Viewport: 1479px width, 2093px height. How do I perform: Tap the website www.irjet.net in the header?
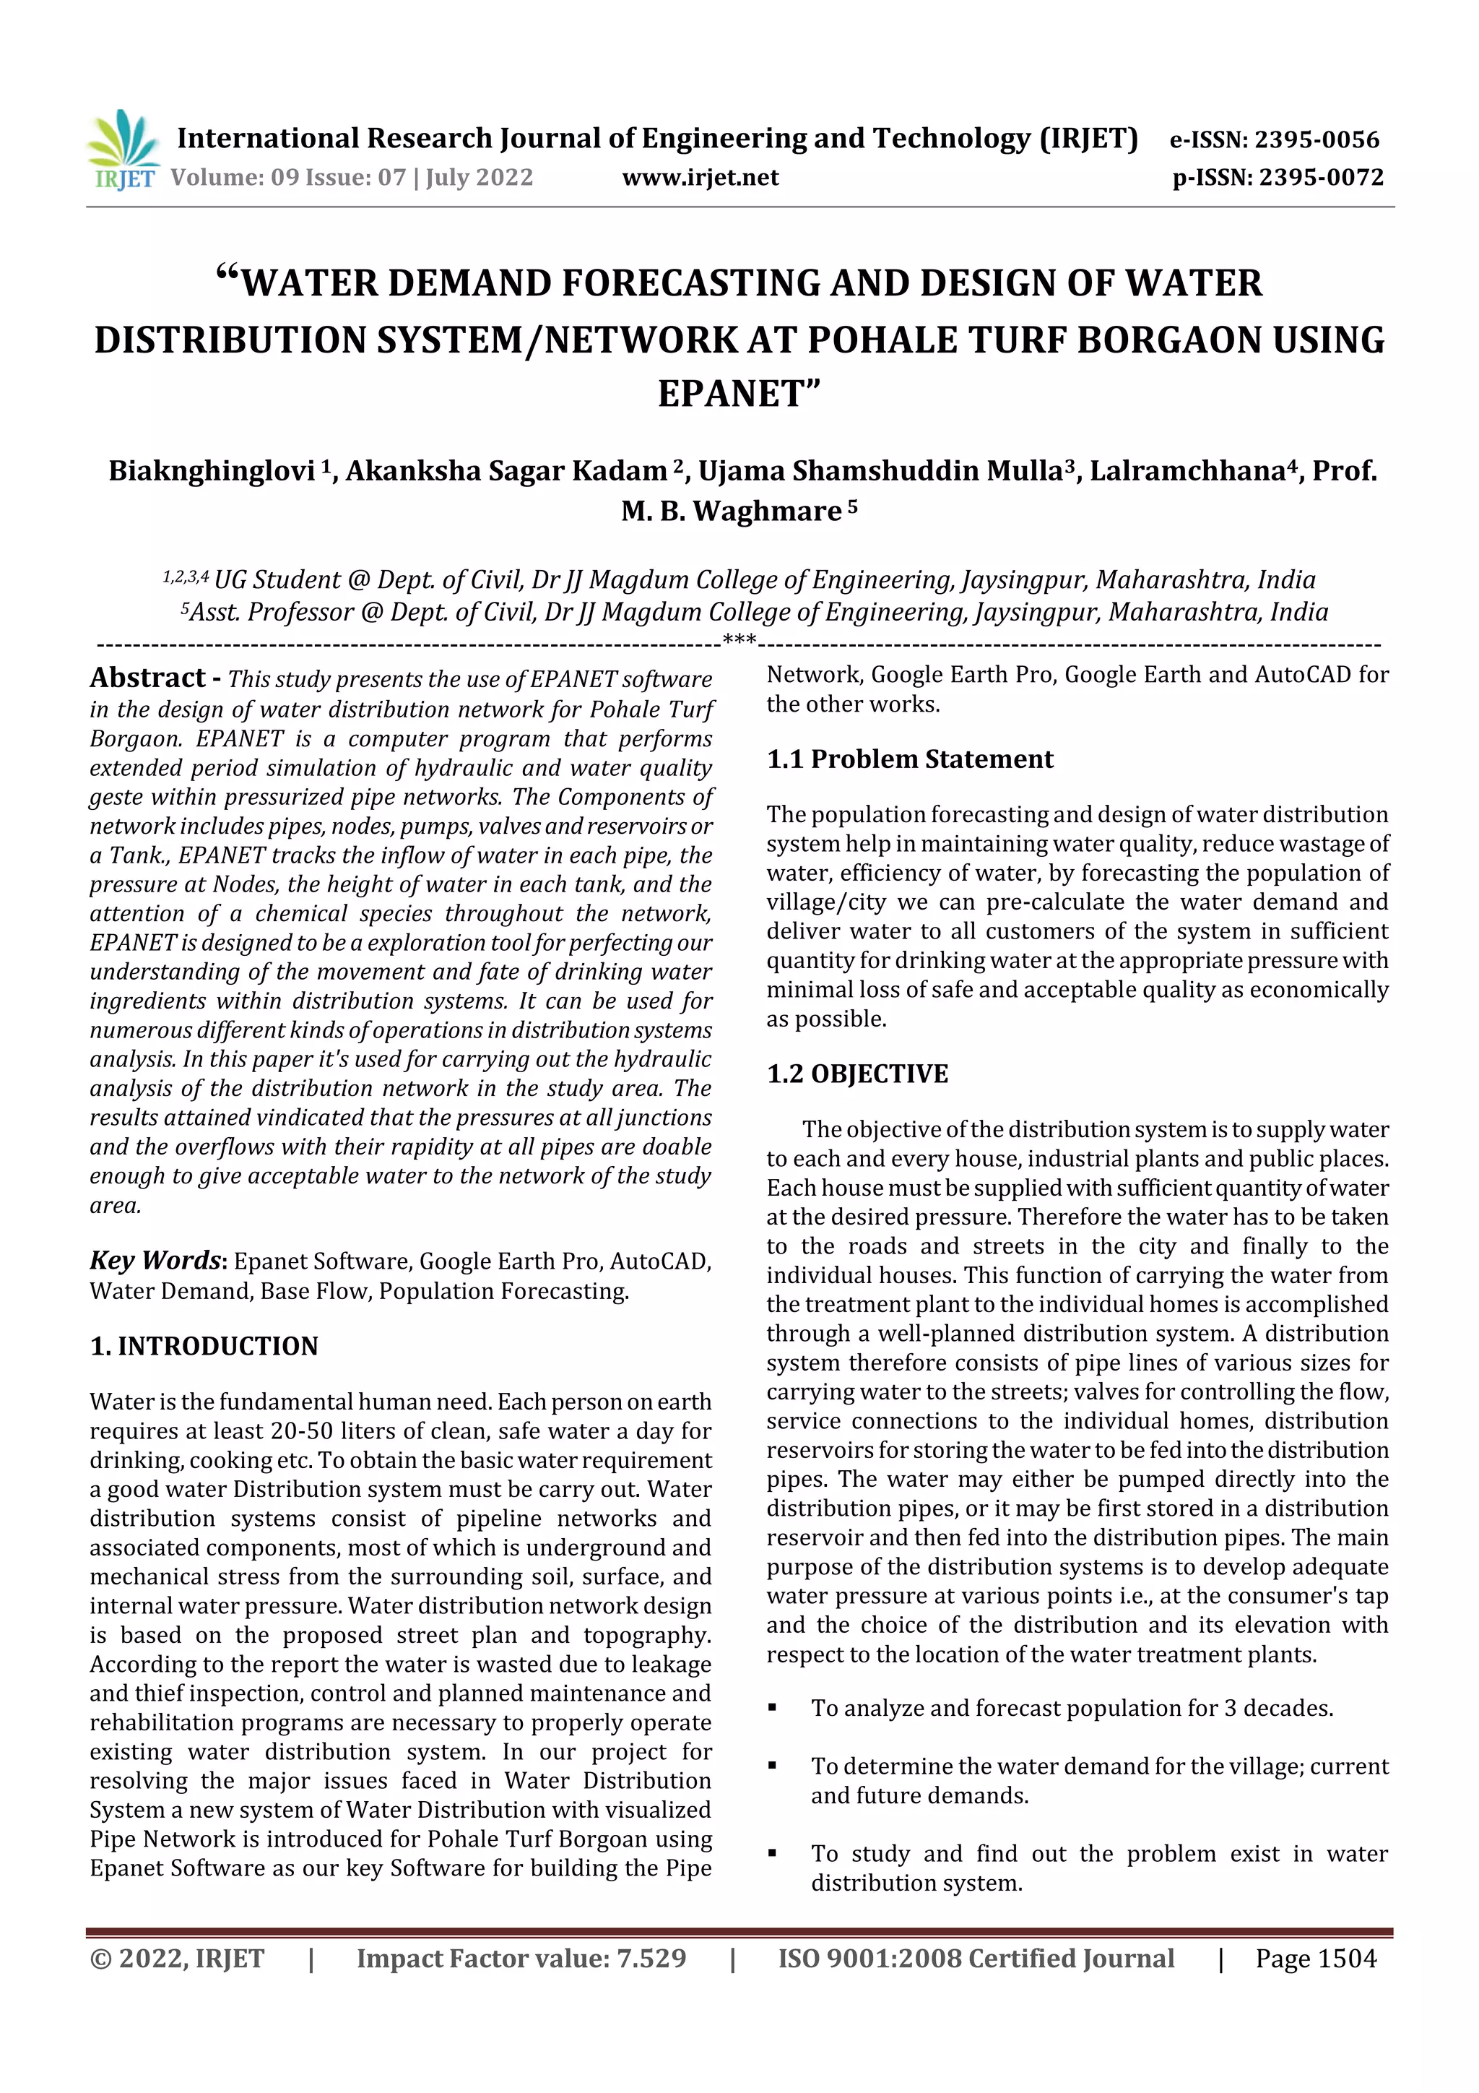click(700, 177)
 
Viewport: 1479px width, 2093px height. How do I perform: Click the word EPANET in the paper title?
click(739, 394)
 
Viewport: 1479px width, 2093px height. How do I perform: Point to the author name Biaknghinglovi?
click(212, 470)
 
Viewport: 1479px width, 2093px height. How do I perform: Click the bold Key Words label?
click(155, 1260)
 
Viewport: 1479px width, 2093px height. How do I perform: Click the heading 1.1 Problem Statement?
click(909, 759)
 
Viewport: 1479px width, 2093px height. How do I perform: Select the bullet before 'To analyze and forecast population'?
click(772, 1707)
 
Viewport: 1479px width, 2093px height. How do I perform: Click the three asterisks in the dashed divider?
click(738, 641)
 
